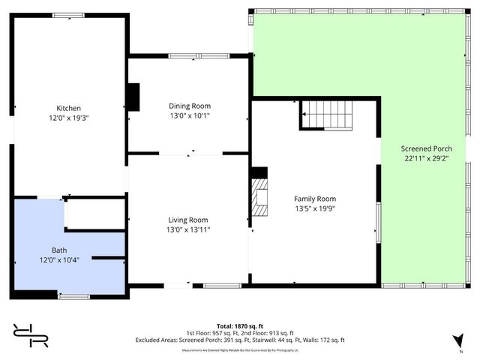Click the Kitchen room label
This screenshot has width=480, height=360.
(69, 108)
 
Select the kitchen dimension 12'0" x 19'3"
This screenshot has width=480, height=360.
(69, 118)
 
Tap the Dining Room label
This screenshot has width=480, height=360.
(189, 106)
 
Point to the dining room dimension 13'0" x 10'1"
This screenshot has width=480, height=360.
(189, 115)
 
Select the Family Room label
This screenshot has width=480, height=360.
(313, 199)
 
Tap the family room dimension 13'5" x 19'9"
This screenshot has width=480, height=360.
(313, 208)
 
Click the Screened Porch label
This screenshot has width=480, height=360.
(425, 148)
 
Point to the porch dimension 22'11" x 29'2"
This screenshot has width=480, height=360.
(425, 157)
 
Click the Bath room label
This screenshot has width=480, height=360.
(59, 250)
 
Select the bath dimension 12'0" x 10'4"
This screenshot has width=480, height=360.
(59, 259)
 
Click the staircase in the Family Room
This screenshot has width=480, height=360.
(327, 116)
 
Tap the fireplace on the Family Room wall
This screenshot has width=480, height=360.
(259, 196)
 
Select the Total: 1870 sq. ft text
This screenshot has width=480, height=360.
(240, 316)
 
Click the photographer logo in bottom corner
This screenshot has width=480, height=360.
(30, 335)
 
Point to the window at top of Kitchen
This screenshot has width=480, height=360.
(68, 14)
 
